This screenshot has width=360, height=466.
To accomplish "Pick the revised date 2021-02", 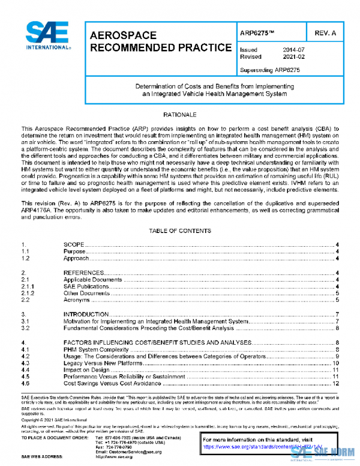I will (293, 56).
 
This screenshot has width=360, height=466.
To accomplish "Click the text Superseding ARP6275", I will (269, 70).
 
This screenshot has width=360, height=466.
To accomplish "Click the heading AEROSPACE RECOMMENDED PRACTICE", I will (160, 41).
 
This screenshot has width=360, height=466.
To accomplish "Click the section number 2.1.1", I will (28, 286).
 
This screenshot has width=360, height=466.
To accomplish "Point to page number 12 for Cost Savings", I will (337, 383).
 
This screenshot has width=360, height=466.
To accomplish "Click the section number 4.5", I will (25, 377).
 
